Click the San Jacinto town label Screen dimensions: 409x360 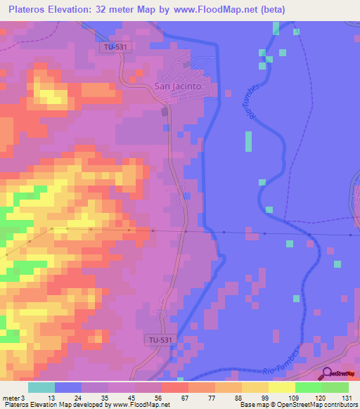177,86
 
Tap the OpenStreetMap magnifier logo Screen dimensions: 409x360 327,374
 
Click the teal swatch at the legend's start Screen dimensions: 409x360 41,387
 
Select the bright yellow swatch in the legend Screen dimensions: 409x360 281,387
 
